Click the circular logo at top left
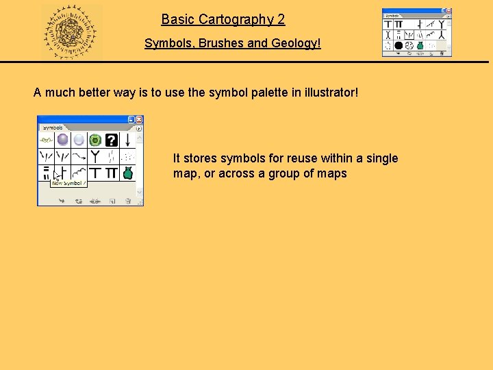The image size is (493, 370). [x=71, y=32]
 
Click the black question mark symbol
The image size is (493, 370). [x=111, y=140]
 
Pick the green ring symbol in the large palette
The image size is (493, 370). [x=95, y=140]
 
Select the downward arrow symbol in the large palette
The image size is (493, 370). [x=127, y=140]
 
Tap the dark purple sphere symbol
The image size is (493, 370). [x=62, y=140]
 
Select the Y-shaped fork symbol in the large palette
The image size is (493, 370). [x=95, y=156]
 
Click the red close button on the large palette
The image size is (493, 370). [x=139, y=119]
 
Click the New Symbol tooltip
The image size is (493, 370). [x=68, y=183]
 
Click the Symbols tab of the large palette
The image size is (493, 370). [x=53, y=127]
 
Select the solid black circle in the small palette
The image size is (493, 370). [x=398, y=45]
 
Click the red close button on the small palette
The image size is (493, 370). [x=448, y=12]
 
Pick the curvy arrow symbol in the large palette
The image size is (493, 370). [x=79, y=156]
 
